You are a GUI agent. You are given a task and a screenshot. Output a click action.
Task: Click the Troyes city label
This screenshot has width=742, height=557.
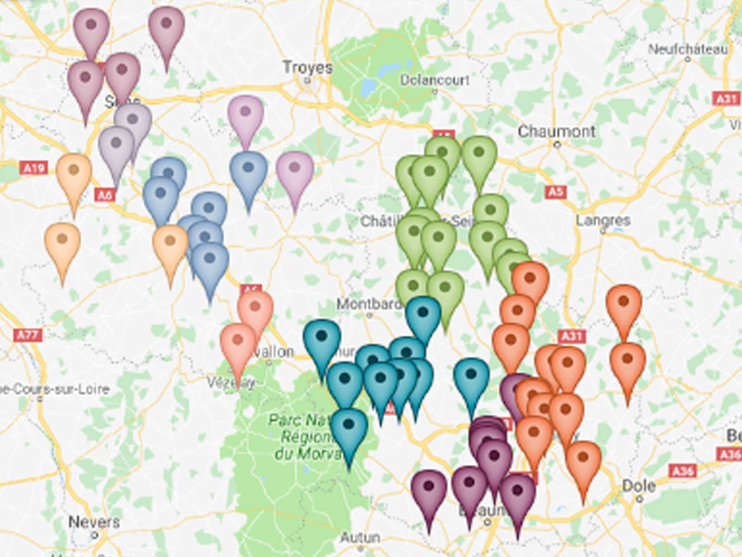click(x=308, y=68)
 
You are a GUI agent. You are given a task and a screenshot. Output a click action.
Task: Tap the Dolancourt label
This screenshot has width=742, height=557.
click(x=434, y=80)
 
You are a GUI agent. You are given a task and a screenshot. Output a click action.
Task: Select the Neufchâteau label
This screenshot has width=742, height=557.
click(x=687, y=49)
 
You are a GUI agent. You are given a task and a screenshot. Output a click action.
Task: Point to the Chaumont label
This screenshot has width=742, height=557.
click(x=556, y=131)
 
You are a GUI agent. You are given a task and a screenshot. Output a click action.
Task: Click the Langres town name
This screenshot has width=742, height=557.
click(x=603, y=220)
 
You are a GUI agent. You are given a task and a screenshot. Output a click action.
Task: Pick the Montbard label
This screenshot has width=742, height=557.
click(x=368, y=304)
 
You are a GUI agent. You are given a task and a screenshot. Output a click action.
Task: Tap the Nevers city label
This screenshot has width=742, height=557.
click(x=94, y=522)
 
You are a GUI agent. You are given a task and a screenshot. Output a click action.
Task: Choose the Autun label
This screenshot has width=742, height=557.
click(x=360, y=537)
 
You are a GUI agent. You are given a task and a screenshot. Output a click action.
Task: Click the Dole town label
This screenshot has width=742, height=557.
click(x=638, y=486)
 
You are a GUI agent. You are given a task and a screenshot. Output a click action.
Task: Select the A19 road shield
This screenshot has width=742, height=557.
click(x=34, y=168)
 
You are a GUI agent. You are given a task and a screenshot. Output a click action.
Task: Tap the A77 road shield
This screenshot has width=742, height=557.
click(x=28, y=335)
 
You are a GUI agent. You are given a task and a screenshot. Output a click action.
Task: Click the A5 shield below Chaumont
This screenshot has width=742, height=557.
click(x=555, y=192)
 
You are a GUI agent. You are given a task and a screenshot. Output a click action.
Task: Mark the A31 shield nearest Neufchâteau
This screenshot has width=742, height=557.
click(x=726, y=99)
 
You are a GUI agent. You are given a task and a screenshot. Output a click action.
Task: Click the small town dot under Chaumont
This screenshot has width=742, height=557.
click(x=557, y=145)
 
